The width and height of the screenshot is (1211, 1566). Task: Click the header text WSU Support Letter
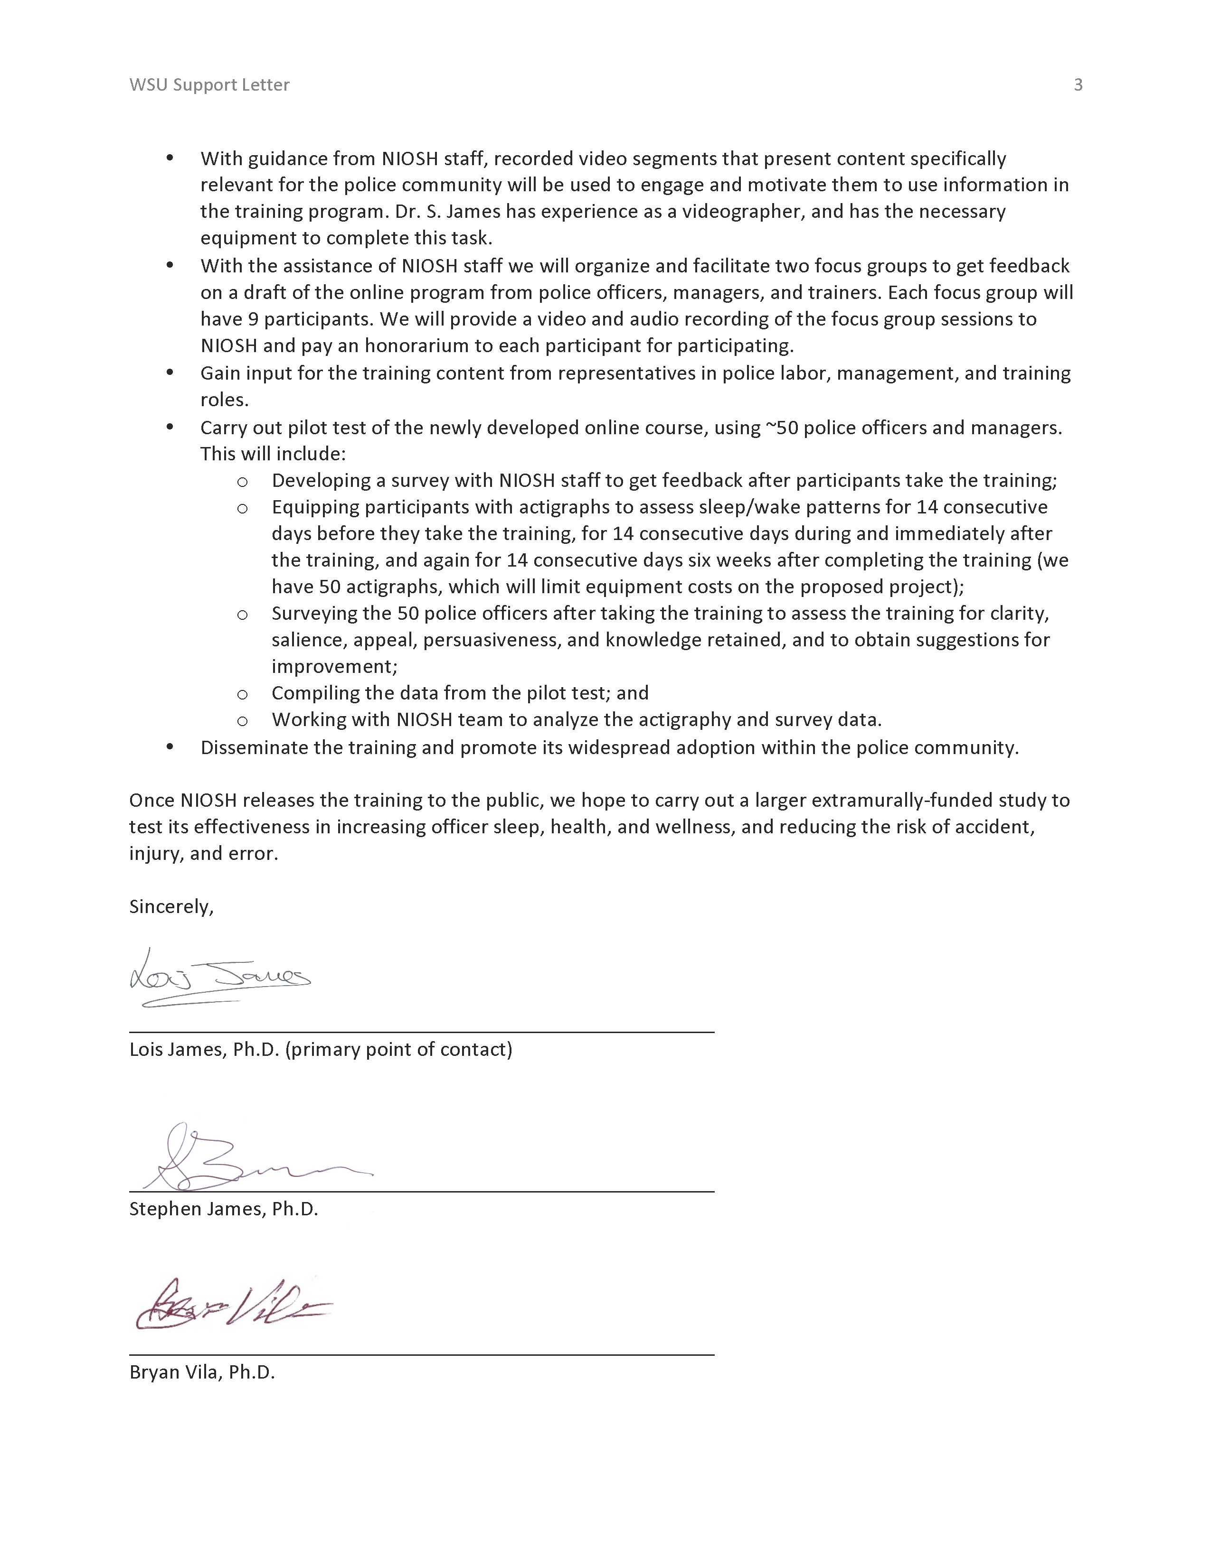click(209, 84)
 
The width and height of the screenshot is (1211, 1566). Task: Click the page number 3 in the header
click(1078, 84)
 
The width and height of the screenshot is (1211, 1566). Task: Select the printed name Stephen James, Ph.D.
click(223, 1209)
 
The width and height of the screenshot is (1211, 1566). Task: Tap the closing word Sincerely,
click(171, 906)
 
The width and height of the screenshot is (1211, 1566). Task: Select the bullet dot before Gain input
click(170, 372)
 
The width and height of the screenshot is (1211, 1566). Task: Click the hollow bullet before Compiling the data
click(243, 694)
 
